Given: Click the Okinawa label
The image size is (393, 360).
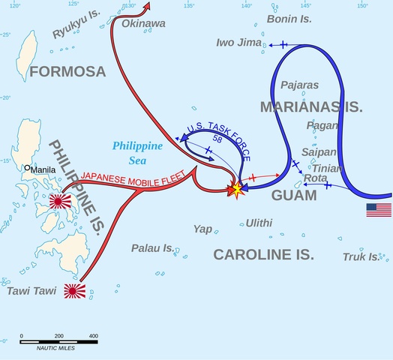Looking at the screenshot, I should pyautogui.click(x=143, y=24).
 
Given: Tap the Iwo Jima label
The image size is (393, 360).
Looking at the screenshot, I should pyautogui.click(x=238, y=43).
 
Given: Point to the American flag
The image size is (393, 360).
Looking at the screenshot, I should pyautogui.click(x=379, y=210).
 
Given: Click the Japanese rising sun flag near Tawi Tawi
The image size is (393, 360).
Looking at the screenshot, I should pyautogui.click(x=74, y=291).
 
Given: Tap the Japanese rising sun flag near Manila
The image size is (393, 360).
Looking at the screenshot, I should pyautogui.click(x=58, y=201).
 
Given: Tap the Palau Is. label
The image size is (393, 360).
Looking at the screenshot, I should pyautogui.click(x=152, y=247).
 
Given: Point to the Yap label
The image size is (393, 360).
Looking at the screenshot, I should pyautogui.click(x=202, y=229).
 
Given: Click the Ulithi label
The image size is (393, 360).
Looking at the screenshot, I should pyautogui.click(x=259, y=223).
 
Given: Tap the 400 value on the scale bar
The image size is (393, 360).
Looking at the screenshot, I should pyautogui.click(x=93, y=335).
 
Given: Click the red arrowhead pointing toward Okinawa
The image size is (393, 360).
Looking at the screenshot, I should pyautogui.click(x=148, y=6).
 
